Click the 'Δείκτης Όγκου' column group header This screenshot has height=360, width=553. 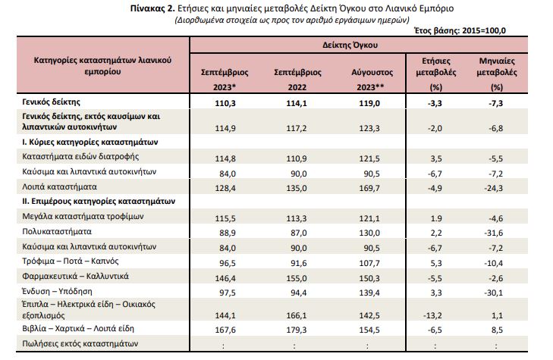[x=350, y=45]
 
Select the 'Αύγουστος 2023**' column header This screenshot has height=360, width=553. [x=372, y=80]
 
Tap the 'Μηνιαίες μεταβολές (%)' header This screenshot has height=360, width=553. [x=497, y=74]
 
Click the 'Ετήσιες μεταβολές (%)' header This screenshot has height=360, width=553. [x=436, y=74]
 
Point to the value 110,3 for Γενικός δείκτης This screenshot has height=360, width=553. [x=225, y=103]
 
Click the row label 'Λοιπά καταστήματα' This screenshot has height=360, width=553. [x=59, y=186]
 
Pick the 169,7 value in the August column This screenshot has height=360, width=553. [x=369, y=188]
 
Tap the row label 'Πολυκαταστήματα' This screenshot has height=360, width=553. [x=57, y=231]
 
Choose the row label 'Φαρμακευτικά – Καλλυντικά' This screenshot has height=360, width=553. [x=75, y=276]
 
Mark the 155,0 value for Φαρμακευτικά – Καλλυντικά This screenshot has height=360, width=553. [x=297, y=278]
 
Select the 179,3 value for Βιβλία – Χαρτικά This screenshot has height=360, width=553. [x=297, y=330]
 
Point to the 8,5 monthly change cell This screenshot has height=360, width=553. [x=497, y=330]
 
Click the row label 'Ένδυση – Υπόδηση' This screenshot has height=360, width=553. [x=57, y=291]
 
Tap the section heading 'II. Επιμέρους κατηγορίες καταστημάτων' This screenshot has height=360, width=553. [x=99, y=202]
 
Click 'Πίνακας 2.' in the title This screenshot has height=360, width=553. [x=152, y=8]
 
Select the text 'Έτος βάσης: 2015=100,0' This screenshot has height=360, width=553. [x=460, y=30]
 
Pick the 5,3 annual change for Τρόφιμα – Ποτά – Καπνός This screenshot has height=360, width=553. [x=436, y=263]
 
